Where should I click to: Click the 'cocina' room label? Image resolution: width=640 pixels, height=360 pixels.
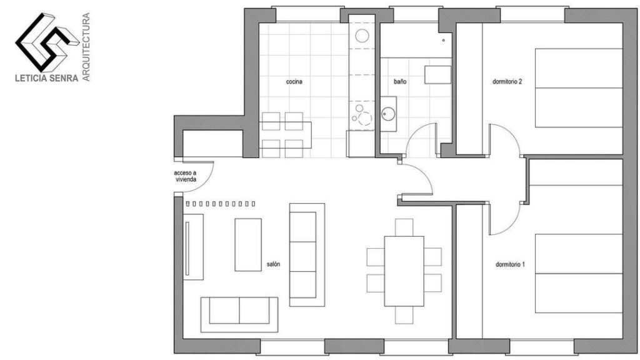pyautogui.click(x=294, y=81)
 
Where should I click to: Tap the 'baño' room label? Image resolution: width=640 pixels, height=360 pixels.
pyautogui.click(x=401, y=81)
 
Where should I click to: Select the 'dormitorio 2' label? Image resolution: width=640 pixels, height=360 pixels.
pyautogui.click(x=507, y=81)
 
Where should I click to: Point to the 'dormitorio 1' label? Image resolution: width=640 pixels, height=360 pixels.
pyautogui.click(x=510, y=264)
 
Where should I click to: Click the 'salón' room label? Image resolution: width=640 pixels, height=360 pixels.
pyautogui.click(x=273, y=264)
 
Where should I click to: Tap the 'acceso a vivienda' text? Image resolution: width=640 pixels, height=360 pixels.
pyautogui.click(x=186, y=176)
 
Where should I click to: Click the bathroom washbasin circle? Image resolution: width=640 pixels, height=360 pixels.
pyautogui.click(x=388, y=114)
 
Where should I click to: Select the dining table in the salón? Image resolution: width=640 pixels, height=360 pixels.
pyautogui.click(x=404, y=270)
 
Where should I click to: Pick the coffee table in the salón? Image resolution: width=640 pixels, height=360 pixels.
pyautogui.click(x=248, y=244)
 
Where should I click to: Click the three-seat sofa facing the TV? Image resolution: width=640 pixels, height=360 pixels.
pyautogui.click(x=306, y=250)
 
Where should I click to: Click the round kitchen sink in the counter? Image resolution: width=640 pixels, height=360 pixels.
pyautogui.click(x=362, y=35)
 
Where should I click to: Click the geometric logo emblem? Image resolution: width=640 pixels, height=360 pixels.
pyautogui.click(x=42, y=41)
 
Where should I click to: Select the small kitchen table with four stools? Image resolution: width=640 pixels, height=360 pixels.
pyautogui.click(x=284, y=134)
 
